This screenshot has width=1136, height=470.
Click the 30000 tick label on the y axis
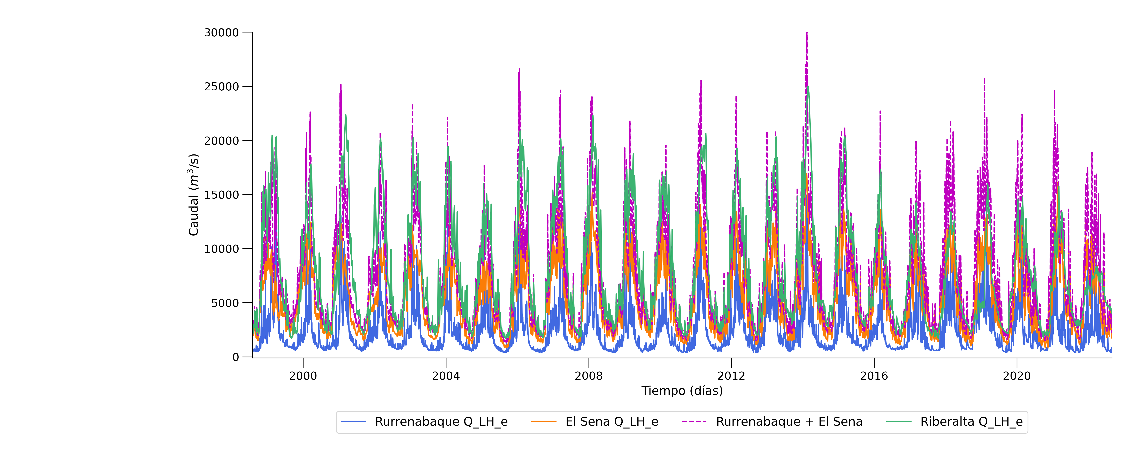coord(221,33)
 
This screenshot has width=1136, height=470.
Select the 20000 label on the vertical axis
coord(221,141)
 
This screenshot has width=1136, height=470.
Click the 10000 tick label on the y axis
coord(221,249)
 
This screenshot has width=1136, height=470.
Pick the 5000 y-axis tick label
coord(225,303)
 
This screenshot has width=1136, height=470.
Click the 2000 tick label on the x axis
coord(303,376)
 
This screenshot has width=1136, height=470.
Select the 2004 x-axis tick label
coord(446,376)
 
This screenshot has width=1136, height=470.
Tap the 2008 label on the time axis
coord(589,376)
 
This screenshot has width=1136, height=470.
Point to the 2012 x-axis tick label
coord(732,376)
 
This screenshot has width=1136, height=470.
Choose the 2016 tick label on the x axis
coord(874,376)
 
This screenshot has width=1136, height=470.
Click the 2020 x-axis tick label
coord(1017,376)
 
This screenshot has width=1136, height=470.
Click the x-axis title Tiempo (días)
coord(682,391)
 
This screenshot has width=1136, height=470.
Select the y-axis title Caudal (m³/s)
coord(194,195)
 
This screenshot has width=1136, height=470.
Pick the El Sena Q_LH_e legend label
coord(612,422)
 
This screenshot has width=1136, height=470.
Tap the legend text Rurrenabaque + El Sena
coord(789,422)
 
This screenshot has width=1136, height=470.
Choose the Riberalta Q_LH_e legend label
coord(972,422)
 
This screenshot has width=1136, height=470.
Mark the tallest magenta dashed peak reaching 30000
coord(807,33)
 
